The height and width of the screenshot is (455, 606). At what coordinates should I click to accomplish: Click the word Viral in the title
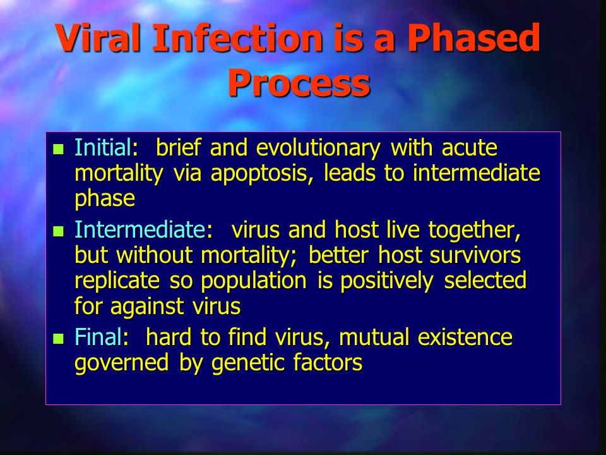98,37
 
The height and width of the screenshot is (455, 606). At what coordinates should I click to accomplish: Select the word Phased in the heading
474,37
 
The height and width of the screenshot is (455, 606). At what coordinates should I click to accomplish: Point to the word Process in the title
299,82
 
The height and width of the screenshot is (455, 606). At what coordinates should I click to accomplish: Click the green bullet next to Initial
58,149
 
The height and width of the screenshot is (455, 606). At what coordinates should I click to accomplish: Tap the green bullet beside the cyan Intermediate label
58,231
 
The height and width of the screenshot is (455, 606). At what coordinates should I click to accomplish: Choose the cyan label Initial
103,147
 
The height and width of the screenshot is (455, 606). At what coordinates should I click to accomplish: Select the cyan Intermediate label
140,229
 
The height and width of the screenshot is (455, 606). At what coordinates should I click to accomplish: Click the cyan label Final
98,337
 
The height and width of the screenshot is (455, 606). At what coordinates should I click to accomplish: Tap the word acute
470,148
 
